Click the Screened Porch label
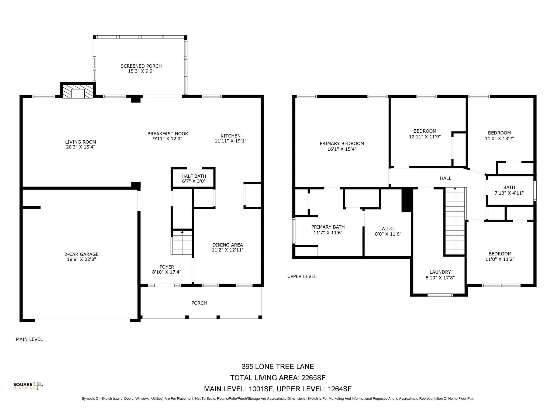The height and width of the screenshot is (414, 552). pyautogui.click(x=141, y=66)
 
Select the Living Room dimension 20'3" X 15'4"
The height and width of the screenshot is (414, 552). pyautogui.click(x=80, y=147)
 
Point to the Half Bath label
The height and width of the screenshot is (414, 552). pyautogui.click(x=194, y=176)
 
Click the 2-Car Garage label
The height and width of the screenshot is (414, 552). pyautogui.click(x=81, y=254)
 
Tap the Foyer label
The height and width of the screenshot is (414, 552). pyautogui.click(x=167, y=267)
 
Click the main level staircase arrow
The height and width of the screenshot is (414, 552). pyautogui.click(x=182, y=232)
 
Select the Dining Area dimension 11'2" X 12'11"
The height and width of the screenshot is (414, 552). pyautogui.click(x=227, y=250)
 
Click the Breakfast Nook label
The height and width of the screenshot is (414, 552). pyautogui.click(x=168, y=134)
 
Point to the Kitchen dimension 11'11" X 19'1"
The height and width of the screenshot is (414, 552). pyautogui.click(x=230, y=141)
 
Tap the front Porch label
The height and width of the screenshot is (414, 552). pyautogui.click(x=199, y=303)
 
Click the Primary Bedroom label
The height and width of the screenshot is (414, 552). pyautogui.click(x=342, y=144)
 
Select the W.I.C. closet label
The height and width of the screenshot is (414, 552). pyautogui.click(x=388, y=229)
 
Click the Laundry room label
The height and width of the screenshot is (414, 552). pyautogui.click(x=440, y=272)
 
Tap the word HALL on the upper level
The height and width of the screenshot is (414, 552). pyautogui.click(x=445, y=178)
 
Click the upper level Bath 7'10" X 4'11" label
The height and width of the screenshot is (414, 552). pyautogui.click(x=509, y=190)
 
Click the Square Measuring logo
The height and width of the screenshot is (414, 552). pyautogui.click(x=28, y=386)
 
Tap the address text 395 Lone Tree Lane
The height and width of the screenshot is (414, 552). pyautogui.click(x=278, y=367)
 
